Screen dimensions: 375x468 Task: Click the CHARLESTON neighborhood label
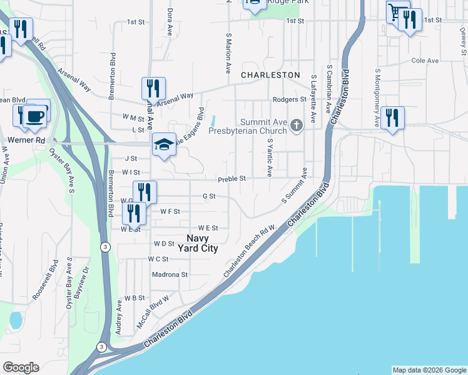(x=271, y=74)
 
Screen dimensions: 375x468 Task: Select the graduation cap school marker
(x=164, y=144)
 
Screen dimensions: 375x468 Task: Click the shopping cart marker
(x=395, y=12)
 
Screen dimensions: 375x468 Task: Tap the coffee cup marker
(x=35, y=116)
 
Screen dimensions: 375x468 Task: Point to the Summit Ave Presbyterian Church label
(x=265, y=126)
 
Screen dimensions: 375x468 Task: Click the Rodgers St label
(x=289, y=99)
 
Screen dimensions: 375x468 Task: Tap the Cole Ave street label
(x=425, y=61)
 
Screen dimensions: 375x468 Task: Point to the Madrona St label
(x=170, y=274)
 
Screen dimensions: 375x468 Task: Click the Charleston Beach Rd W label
(x=250, y=252)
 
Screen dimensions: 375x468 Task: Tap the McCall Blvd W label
(x=153, y=313)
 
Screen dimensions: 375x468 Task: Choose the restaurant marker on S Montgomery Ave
(x=392, y=117)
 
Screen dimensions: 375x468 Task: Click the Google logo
(x=21, y=367)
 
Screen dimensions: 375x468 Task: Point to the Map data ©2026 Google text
(x=429, y=370)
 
